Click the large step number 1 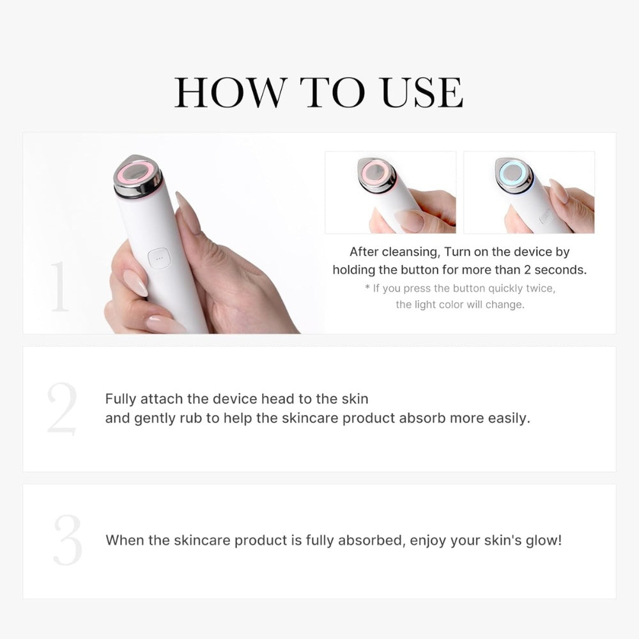pyautogui.click(x=59, y=286)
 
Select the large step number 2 pyautogui.click(x=62, y=409)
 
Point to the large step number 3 pyautogui.click(x=67, y=540)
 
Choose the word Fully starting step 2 pyautogui.click(x=121, y=399)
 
